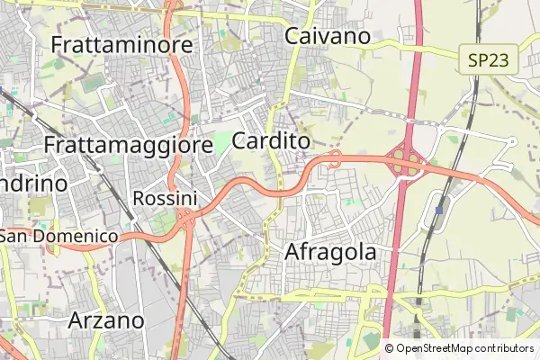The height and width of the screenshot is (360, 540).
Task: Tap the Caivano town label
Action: coord(328,36)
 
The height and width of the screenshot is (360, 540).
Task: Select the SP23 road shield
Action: coord(487,60)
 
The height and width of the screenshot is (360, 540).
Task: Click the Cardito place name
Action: coord(271,141)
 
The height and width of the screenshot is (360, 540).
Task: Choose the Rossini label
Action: coord(165,197)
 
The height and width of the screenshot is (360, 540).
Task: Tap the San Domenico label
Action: coord(59,236)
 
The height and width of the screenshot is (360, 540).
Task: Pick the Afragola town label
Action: coord(329,253)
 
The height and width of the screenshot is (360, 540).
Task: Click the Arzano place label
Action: coord(106,319)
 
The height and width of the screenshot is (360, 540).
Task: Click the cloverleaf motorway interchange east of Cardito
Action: coord(407,163)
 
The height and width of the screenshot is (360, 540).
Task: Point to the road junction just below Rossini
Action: coord(185,218)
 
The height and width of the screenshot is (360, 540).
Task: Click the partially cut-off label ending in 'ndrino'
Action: coord(34,183)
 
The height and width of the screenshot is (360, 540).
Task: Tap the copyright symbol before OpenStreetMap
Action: coord(389,348)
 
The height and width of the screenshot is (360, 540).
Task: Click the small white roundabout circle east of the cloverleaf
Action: coord(511,141)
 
